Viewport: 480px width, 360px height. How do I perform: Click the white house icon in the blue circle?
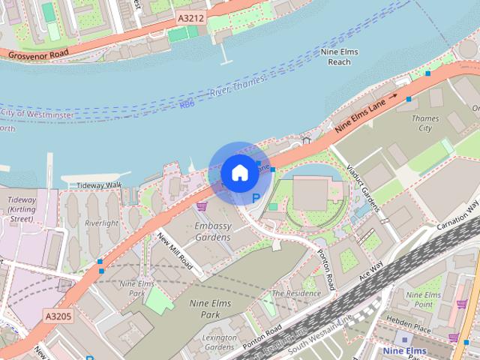[x=238, y=173]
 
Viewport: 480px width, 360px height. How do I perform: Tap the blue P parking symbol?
[x=256, y=198]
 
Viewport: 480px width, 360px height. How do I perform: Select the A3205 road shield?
[x=58, y=316]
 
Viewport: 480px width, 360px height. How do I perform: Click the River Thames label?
[x=229, y=91]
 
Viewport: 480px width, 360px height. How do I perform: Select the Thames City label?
[x=425, y=123]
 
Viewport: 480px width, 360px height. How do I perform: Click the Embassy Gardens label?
[x=212, y=231]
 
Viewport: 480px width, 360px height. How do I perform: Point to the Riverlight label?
[x=101, y=223]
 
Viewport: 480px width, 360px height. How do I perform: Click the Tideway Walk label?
[x=98, y=185]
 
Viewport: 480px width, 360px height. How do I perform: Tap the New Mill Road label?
[x=176, y=250]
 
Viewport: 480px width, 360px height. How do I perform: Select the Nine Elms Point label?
[x=424, y=300]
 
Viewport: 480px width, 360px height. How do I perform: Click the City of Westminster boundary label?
[x=36, y=113]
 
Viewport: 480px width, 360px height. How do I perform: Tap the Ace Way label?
[x=371, y=269]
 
